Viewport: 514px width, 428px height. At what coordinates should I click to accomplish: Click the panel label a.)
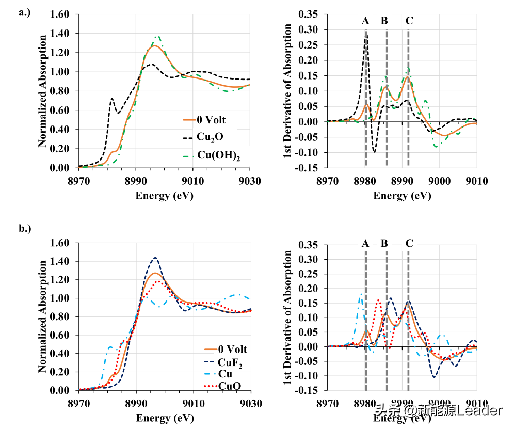(x=24, y=13)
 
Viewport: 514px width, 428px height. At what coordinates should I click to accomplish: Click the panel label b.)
(x=25, y=241)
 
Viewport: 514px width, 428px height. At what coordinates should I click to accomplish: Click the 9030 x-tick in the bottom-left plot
(x=250, y=403)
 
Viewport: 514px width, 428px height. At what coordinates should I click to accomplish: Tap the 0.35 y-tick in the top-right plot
(x=309, y=14)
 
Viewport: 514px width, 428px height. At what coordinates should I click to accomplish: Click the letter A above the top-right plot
(x=365, y=21)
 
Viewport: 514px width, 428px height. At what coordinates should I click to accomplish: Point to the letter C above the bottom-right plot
(x=409, y=243)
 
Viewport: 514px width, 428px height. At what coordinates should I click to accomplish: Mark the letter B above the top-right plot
(x=384, y=21)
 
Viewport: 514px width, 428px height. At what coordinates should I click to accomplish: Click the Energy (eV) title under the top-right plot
(x=401, y=196)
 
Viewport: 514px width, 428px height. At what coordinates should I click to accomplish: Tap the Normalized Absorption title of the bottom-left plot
(x=43, y=316)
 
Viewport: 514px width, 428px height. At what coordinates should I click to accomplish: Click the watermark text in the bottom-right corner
(x=438, y=410)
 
